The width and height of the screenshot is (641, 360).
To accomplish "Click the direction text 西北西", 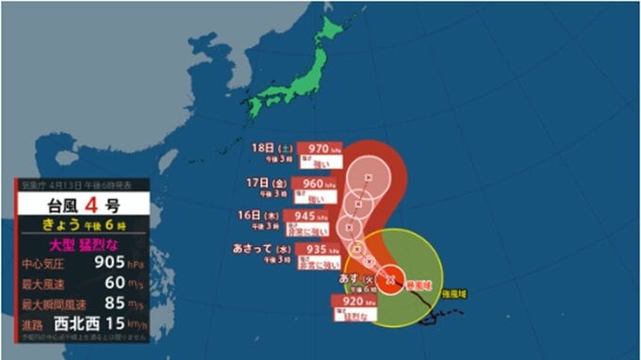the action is coord(84,324).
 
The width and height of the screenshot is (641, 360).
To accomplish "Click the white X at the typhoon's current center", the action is coord(390,280).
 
